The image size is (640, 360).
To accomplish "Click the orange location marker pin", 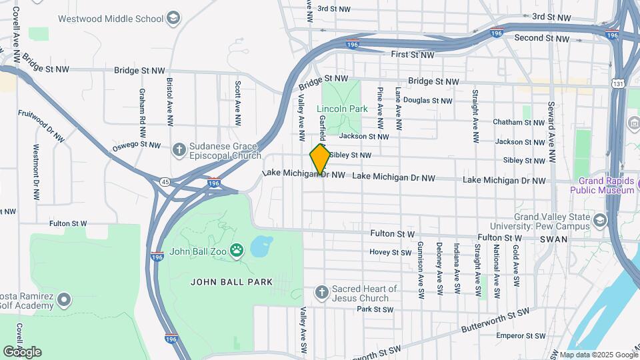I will (320, 158).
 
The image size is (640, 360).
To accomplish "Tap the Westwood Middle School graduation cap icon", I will (174, 17).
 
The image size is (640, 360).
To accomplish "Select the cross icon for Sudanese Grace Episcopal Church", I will (179, 149).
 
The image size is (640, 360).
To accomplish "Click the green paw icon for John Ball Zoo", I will (237, 251).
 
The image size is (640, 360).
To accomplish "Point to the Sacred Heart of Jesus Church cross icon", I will (321, 293).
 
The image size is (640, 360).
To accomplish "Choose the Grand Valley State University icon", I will (600, 220).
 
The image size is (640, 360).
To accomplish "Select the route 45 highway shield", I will (165, 180).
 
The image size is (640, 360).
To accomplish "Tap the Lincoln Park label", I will (342, 109).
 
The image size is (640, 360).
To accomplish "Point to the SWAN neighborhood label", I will (554, 238).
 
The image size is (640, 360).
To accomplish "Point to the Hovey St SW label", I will (391, 253).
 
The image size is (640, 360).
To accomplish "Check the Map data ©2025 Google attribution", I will (598, 355).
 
